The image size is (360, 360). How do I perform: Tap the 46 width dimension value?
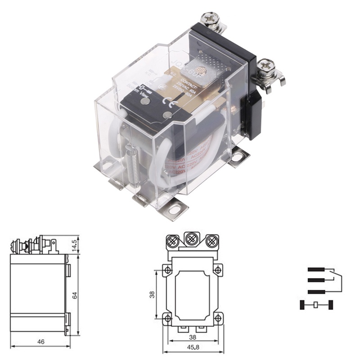(x=40, y=342)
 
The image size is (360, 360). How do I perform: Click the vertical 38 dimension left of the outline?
(x=152, y=295)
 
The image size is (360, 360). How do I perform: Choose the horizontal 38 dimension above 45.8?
(x=192, y=337)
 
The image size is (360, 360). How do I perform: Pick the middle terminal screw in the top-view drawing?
(x=192, y=238)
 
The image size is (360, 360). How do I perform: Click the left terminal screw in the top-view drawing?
(x=172, y=242)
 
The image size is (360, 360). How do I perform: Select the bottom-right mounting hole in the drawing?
(x=217, y=318)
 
